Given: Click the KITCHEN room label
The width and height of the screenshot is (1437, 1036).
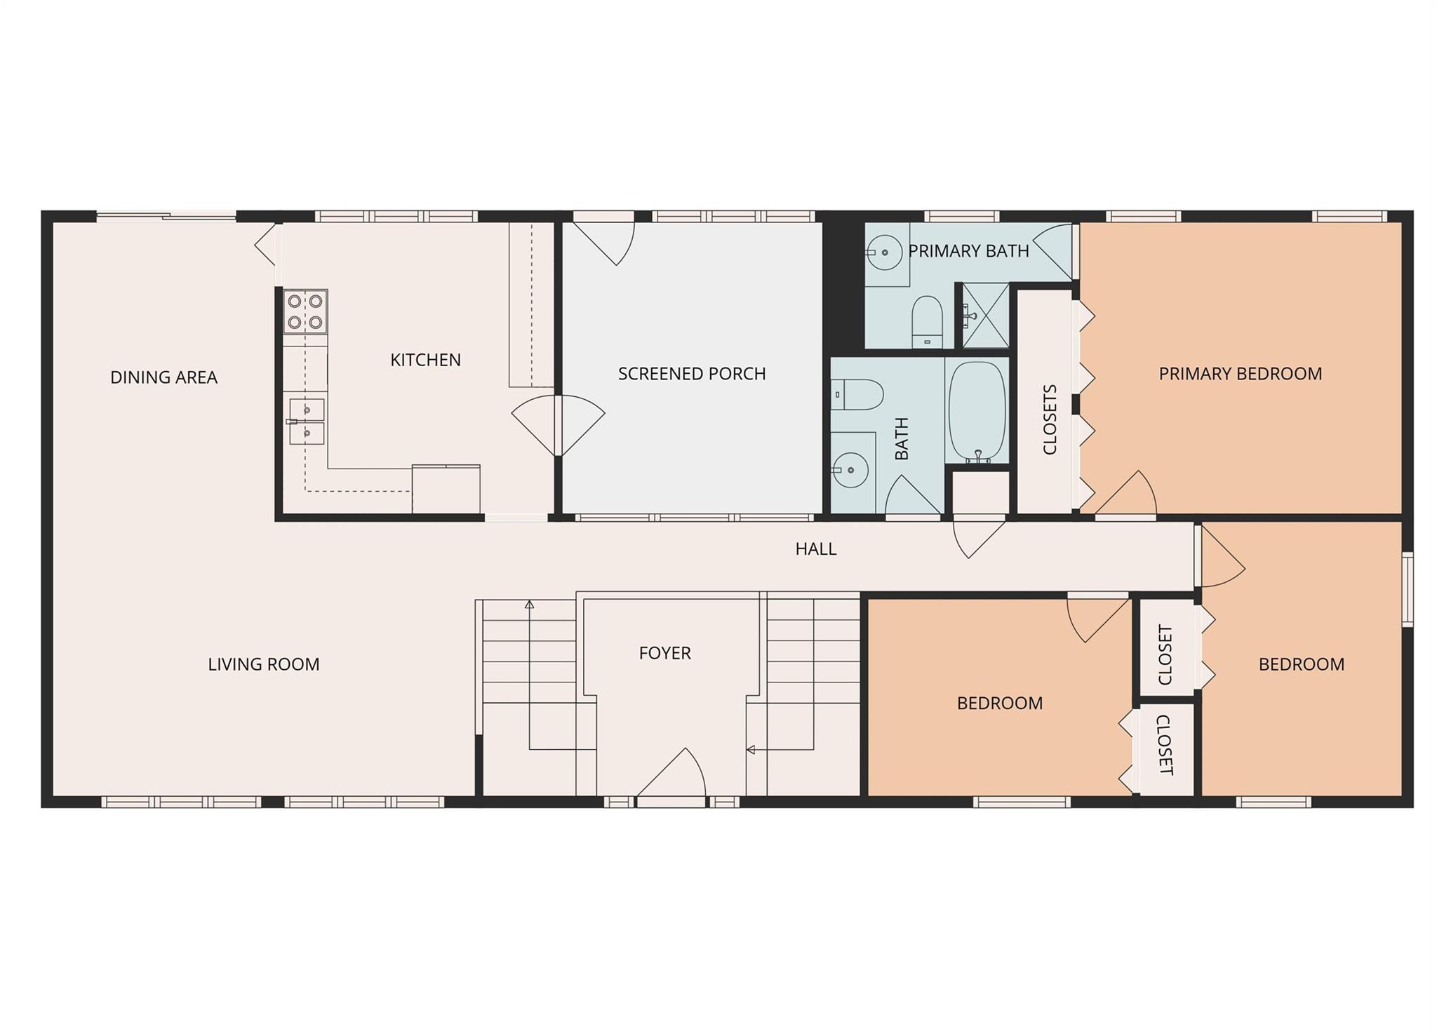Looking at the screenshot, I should pyautogui.click(x=425, y=360).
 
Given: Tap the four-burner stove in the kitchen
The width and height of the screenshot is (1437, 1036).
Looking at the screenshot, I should pyautogui.click(x=305, y=311).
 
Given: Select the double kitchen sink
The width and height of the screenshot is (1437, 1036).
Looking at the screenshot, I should pyautogui.click(x=307, y=422).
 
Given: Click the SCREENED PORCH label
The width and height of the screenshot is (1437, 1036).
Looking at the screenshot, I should pyautogui.click(x=691, y=374).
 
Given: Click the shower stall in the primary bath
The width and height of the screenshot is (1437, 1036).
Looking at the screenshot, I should pyautogui.click(x=985, y=316).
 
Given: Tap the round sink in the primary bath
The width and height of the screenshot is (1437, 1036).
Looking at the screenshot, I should pyautogui.click(x=884, y=252).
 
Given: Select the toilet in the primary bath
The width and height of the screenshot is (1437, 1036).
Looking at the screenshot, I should pyautogui.click(x=927, y=321).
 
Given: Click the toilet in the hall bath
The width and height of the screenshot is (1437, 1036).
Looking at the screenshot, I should pyautogui.click(x=857, y=395).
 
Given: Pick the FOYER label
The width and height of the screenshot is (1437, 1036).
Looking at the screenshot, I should pyautogui.click(x=664, y=653).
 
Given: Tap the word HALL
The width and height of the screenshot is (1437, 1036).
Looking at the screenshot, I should pyautogui.click(x=815, y=549).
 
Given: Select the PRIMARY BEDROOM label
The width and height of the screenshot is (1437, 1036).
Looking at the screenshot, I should pyautogui.click(x=1240, y=374).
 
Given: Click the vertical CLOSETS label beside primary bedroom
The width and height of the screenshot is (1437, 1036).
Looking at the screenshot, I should pyautogui.click(x=1050, y=419).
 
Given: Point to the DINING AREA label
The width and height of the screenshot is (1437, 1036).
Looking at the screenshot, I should pyautogui.click(x=163, y=377).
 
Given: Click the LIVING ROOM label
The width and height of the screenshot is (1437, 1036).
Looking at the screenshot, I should pyautogui.click(x=263, y=664).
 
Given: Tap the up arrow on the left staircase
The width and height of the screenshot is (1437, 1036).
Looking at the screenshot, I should pyautogui.click(x=530, y=604).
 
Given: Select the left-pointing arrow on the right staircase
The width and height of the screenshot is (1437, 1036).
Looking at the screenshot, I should pyautogui.click(x=750, y=750).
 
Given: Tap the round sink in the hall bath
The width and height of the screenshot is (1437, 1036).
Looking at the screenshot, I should pyautogui.click(x=850, y=470).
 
